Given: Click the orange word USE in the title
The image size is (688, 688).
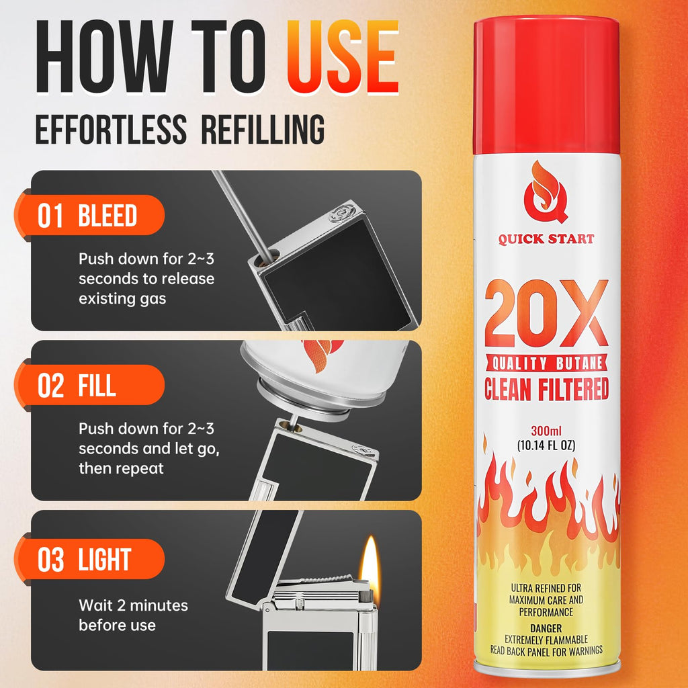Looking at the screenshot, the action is point(343,57).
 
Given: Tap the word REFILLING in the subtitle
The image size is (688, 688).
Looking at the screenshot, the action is point(263,129).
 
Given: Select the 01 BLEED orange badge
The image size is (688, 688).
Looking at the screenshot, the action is point(89,215).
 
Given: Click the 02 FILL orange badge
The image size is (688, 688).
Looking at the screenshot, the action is point(89,385).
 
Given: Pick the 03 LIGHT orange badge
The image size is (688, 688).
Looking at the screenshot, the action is point(89,559).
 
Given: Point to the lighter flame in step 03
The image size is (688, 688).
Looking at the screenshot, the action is point(370,563).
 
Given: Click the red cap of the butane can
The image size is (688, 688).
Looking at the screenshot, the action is point(546,85).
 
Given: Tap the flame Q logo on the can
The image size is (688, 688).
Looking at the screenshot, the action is point(546,191).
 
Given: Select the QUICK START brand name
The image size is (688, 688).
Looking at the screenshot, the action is point(546,239).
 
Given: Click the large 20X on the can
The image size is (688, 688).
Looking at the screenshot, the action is point(546,313).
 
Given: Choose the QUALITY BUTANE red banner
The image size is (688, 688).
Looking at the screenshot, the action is point(546,363).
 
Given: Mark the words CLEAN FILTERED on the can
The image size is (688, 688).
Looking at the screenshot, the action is point(546,388).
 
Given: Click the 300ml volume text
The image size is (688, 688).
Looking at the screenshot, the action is point(546,431).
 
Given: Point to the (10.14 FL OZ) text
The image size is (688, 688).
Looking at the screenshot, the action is point(546,445).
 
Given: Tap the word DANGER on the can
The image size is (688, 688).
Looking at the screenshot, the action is point(546,628).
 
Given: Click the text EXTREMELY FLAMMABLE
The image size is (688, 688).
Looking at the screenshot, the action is point(546,640).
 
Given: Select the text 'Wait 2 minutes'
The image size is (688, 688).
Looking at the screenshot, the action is point(134,605).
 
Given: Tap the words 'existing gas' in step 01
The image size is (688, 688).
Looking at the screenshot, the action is point(122,299).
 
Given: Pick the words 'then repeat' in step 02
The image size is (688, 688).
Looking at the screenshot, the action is point(121,468).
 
